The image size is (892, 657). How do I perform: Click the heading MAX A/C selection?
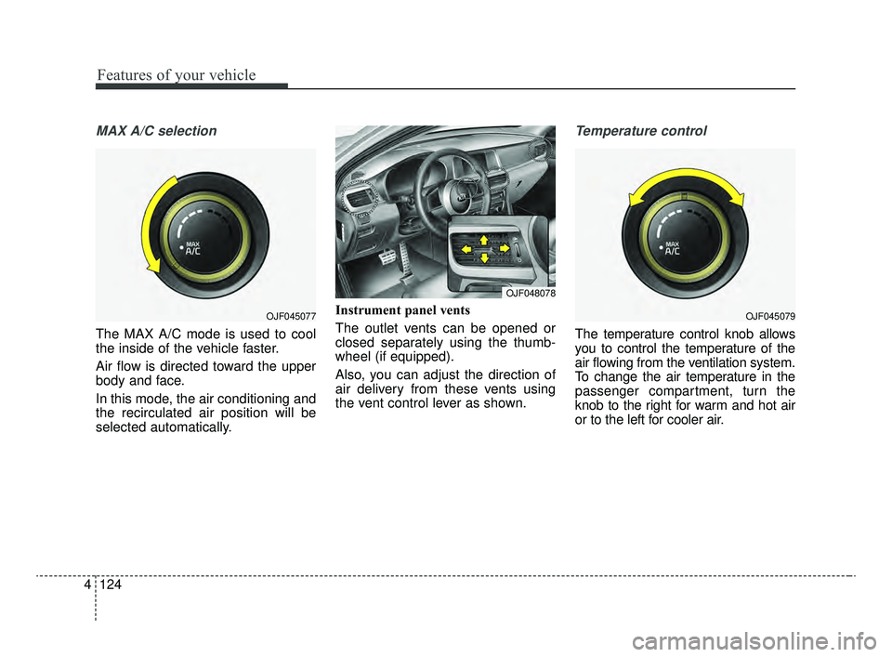click(156, 131)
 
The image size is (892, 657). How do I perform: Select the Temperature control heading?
click(641, 131)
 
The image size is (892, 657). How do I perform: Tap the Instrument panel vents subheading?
click(402, 310)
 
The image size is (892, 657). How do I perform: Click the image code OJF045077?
click(291, 316)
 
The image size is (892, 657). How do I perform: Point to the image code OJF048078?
click(531, 293)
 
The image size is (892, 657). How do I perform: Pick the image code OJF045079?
click(770, 316)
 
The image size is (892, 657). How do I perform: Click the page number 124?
click(111, 585)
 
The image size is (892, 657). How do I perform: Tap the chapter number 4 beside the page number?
click(86, 585)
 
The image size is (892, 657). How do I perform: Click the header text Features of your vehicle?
click(177, 75)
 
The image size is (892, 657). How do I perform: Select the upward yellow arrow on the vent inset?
click(483, 240)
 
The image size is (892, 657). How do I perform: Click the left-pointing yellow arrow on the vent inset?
click(466, 248)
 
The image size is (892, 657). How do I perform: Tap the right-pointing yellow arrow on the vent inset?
click(504, 248)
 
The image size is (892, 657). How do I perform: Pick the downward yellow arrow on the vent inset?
click(484, 258)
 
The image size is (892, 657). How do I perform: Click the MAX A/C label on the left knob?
click(193, 248)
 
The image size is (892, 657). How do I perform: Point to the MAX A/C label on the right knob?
click(672, 248)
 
